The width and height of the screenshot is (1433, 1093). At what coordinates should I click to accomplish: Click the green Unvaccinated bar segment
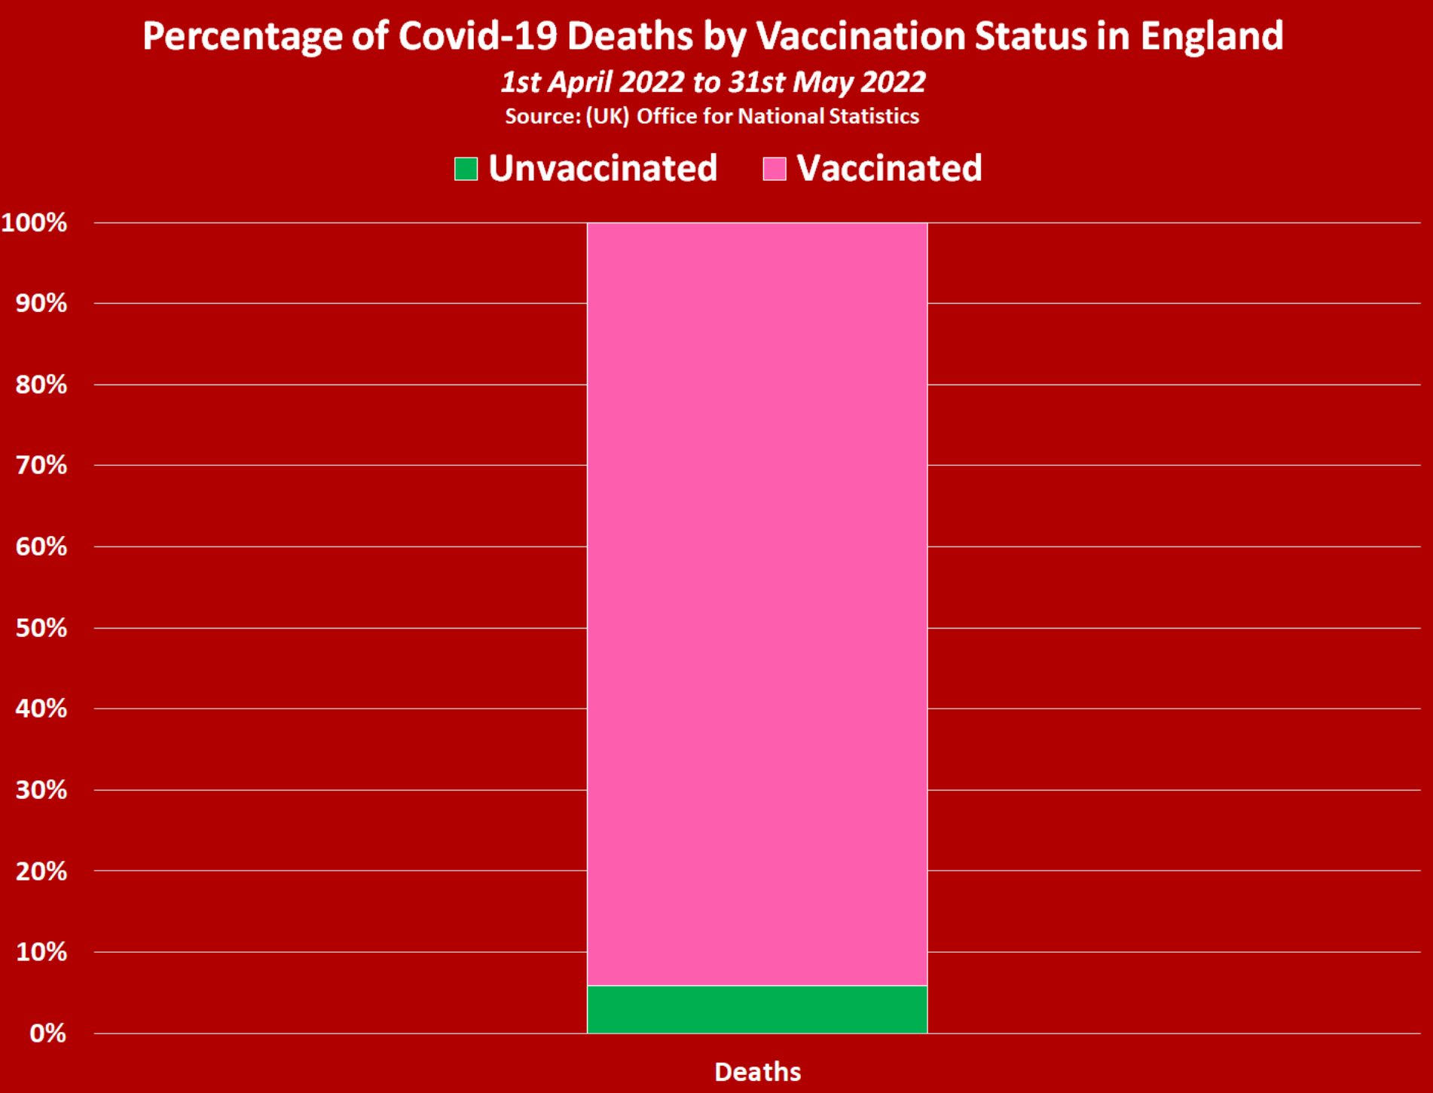pos(756,1009)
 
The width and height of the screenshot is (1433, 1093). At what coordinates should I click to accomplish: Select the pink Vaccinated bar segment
pos(756,603)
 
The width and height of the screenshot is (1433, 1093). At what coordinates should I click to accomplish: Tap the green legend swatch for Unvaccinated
pos(466,168)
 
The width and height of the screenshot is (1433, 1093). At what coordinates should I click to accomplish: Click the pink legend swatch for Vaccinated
pos(775,168)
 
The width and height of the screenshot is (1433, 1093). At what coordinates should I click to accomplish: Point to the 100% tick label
pos(35,223)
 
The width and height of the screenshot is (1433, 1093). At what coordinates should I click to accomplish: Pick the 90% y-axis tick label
pos(41,304)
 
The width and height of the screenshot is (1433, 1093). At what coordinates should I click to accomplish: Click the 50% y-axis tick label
pos(41,628)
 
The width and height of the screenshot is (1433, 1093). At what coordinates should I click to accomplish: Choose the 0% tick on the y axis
pos(47,1033)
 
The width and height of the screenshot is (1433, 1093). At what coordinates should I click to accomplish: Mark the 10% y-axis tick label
pos(41,952)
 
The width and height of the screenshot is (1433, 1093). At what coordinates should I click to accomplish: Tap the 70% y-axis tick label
pos(41,465)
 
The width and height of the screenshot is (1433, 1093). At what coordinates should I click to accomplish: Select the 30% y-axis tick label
pos(41,790)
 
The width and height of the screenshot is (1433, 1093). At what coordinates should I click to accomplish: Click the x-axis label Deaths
pos(757,1072)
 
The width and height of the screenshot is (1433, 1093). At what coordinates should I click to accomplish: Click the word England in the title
pos(1211,36)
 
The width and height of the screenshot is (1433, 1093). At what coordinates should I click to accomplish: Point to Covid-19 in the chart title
pos(478,36)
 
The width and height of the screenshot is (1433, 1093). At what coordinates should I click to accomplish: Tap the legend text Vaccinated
pos(889,168)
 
